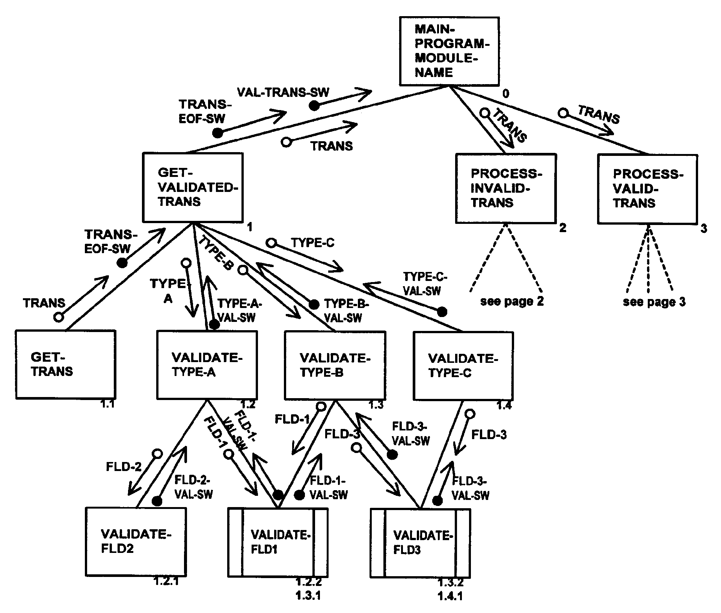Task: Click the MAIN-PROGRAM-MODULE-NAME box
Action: [x=449, y=51]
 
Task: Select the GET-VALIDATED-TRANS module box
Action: [x=193, y=187]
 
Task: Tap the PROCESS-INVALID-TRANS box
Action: [x=505, y=188]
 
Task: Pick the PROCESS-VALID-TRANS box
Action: [x=647, y=189]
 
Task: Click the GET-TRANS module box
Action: [x=65, y=364]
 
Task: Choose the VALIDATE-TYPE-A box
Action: [x=207, y=365]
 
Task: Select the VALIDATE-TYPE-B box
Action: [x=335, y=365]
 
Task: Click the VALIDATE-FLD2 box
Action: [x=136, y=541]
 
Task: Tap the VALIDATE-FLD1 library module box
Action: [x=278, y=542]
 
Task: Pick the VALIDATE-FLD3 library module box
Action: [x=420, y=543]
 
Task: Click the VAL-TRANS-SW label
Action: [x=283, y=92]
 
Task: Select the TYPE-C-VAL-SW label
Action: [x=424, y=284]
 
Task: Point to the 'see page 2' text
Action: [x=512, y=301]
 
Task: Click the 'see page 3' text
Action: [x=654, y=302]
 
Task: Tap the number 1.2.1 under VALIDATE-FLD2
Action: [x=166, y=582]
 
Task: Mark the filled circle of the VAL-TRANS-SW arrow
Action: [x=314, y=106]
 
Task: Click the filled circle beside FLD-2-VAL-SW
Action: [x=157, y=501]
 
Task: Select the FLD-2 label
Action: [x=124, y=467]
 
